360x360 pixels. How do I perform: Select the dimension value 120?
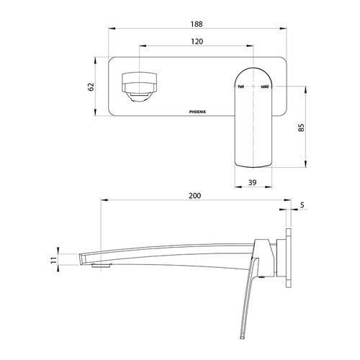[196, 42]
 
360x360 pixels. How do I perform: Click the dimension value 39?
[253, 183]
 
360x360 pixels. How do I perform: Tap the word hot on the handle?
[241, 86]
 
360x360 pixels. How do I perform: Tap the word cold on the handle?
[265, 86]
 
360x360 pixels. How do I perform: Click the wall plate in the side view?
[289, 255]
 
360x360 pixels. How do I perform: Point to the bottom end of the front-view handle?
[253, 164]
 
